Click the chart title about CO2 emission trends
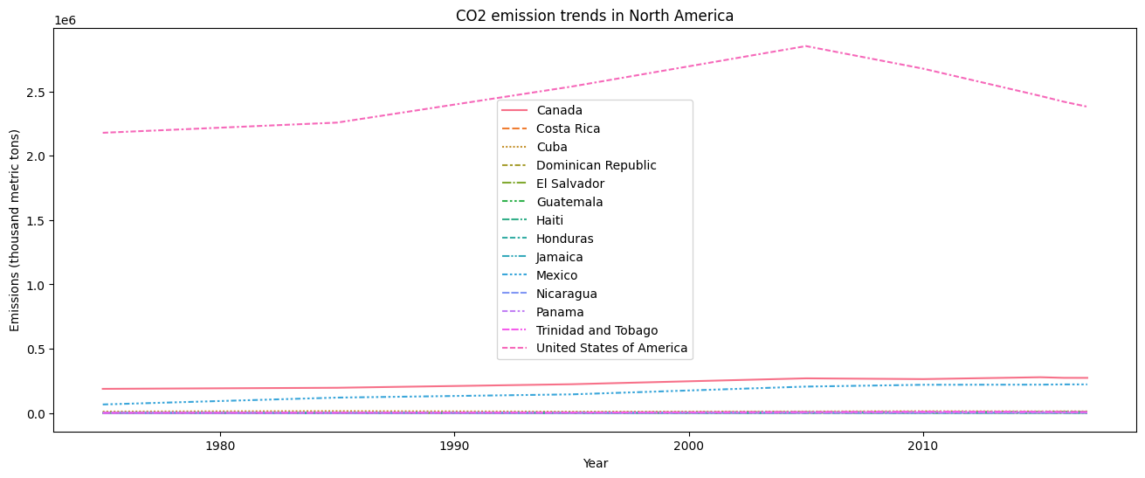point(594,16)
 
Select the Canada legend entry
point(559,110)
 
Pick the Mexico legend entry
point(556,275)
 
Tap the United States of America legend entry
point(611,349)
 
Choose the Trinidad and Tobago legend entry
point(597,330)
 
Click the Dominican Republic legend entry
point(596,165)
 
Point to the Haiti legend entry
point(551,220)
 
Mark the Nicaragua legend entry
point(566,294)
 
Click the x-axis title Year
point(595,463)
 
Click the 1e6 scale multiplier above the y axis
point(64,20)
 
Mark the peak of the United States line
point(806,46)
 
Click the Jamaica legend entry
point(559,257)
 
